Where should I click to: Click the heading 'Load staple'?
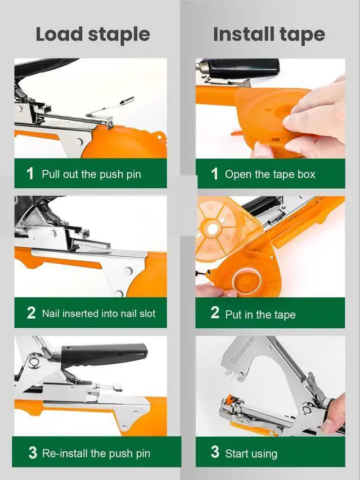click(x=93, y=34)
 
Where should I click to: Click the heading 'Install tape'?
click(x=269, y=34)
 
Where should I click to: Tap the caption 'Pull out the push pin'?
click(x=91, y=174)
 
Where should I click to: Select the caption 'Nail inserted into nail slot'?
click(x=98, y=314)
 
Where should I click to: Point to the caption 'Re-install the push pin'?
click(x=96, y=453)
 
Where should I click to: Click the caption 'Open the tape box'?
click(x=270, y=174)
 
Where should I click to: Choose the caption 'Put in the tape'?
click(x=260, y=314)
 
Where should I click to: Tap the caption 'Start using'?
click(x=251, y=453)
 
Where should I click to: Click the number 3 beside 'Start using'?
click(x=215, y=452)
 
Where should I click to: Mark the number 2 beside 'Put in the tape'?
click(x=215, y=313)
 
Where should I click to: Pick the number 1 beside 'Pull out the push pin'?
click(x=30, y=173)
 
